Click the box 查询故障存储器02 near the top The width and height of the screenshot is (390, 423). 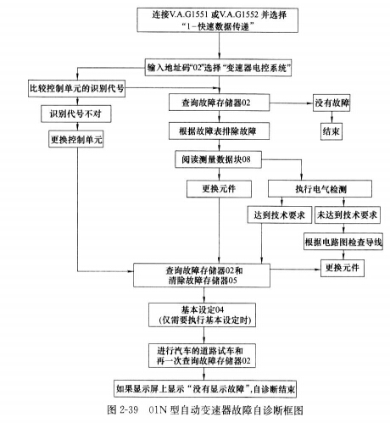(x=220, y=103)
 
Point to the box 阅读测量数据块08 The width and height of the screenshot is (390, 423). (x=220, y=158)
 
